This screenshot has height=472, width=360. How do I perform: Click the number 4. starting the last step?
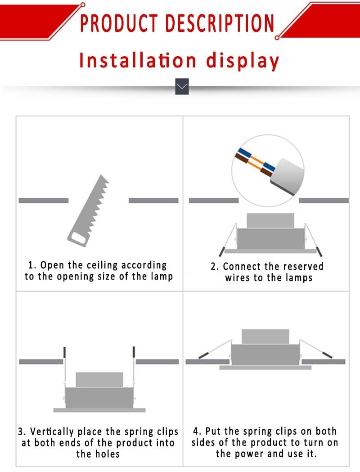coord(197,432)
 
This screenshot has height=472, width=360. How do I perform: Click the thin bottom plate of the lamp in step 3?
coord(99,410)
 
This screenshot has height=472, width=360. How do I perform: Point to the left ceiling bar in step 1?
coord(43,200)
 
